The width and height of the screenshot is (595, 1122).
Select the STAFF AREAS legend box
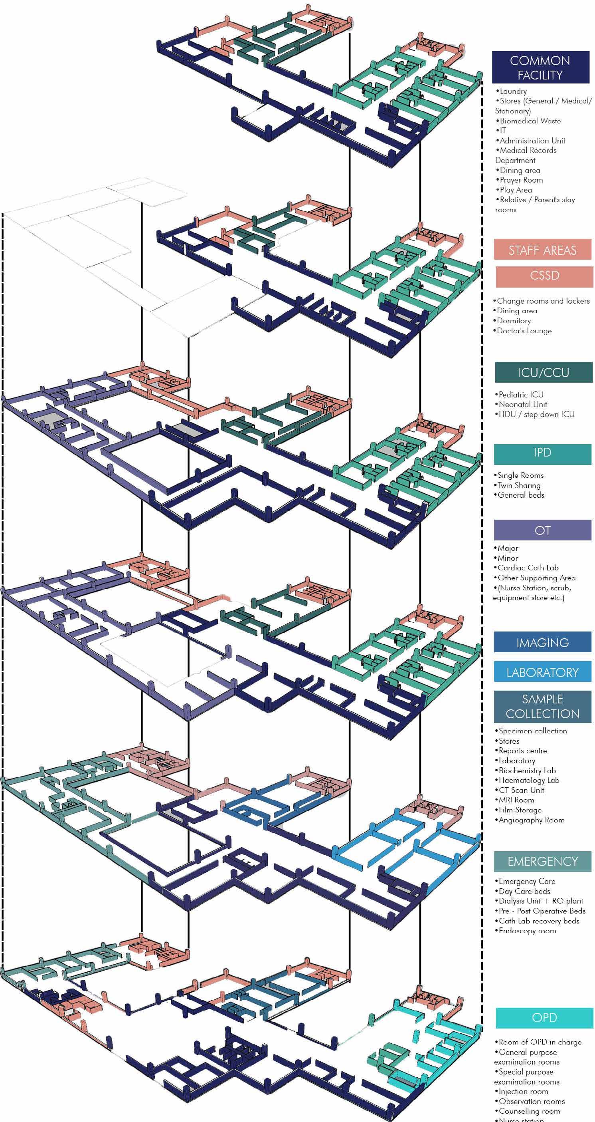542,250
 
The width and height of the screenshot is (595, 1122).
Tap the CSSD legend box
544,276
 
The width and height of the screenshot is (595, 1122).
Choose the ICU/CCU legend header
543,372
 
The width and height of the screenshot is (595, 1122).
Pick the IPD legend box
542,453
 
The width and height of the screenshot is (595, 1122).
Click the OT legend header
542,530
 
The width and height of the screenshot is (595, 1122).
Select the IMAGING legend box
542,642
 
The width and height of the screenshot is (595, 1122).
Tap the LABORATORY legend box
542,672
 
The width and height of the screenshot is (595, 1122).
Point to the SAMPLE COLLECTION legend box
542,706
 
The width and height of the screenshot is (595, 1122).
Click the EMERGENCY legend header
542,862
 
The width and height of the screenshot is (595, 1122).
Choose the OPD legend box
544,1017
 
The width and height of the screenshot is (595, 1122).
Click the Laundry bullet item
513,91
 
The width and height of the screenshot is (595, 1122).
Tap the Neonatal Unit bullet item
523,404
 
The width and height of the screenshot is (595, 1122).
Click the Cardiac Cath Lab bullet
528,568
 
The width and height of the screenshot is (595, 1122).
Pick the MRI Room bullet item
516,800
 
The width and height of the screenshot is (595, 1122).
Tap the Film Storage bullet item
520,810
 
